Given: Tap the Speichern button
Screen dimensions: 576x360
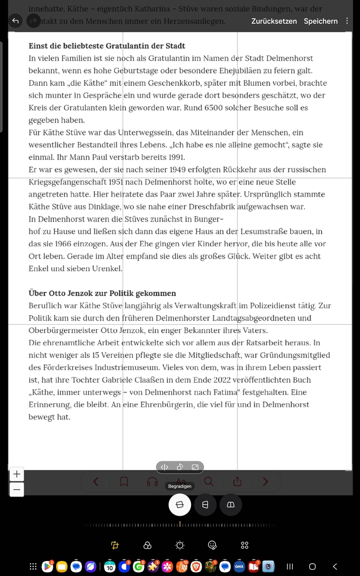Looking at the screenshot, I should coord(321,21).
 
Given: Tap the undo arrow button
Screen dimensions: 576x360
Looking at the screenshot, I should coord(15,21).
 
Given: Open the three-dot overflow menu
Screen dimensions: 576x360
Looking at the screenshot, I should coord(347,21).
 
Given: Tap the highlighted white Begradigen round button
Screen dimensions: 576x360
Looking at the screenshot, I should coord(180,505).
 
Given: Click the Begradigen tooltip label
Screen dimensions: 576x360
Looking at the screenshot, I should coord(180,486).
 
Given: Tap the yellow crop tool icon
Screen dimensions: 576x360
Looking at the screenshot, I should coord(115,545).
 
